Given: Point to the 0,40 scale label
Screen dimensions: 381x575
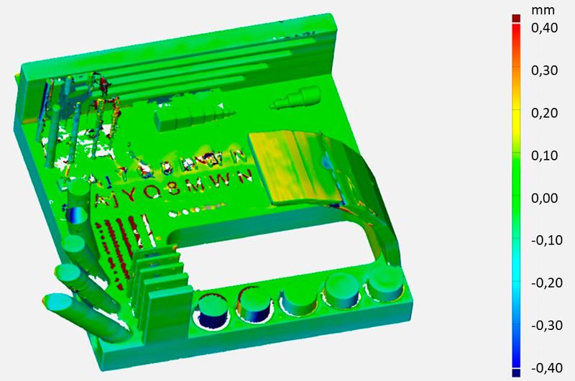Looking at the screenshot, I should pos(545,28).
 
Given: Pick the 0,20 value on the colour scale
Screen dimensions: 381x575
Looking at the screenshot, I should pos(545,113).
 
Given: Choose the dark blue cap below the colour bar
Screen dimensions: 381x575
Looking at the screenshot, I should pos(515,372).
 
